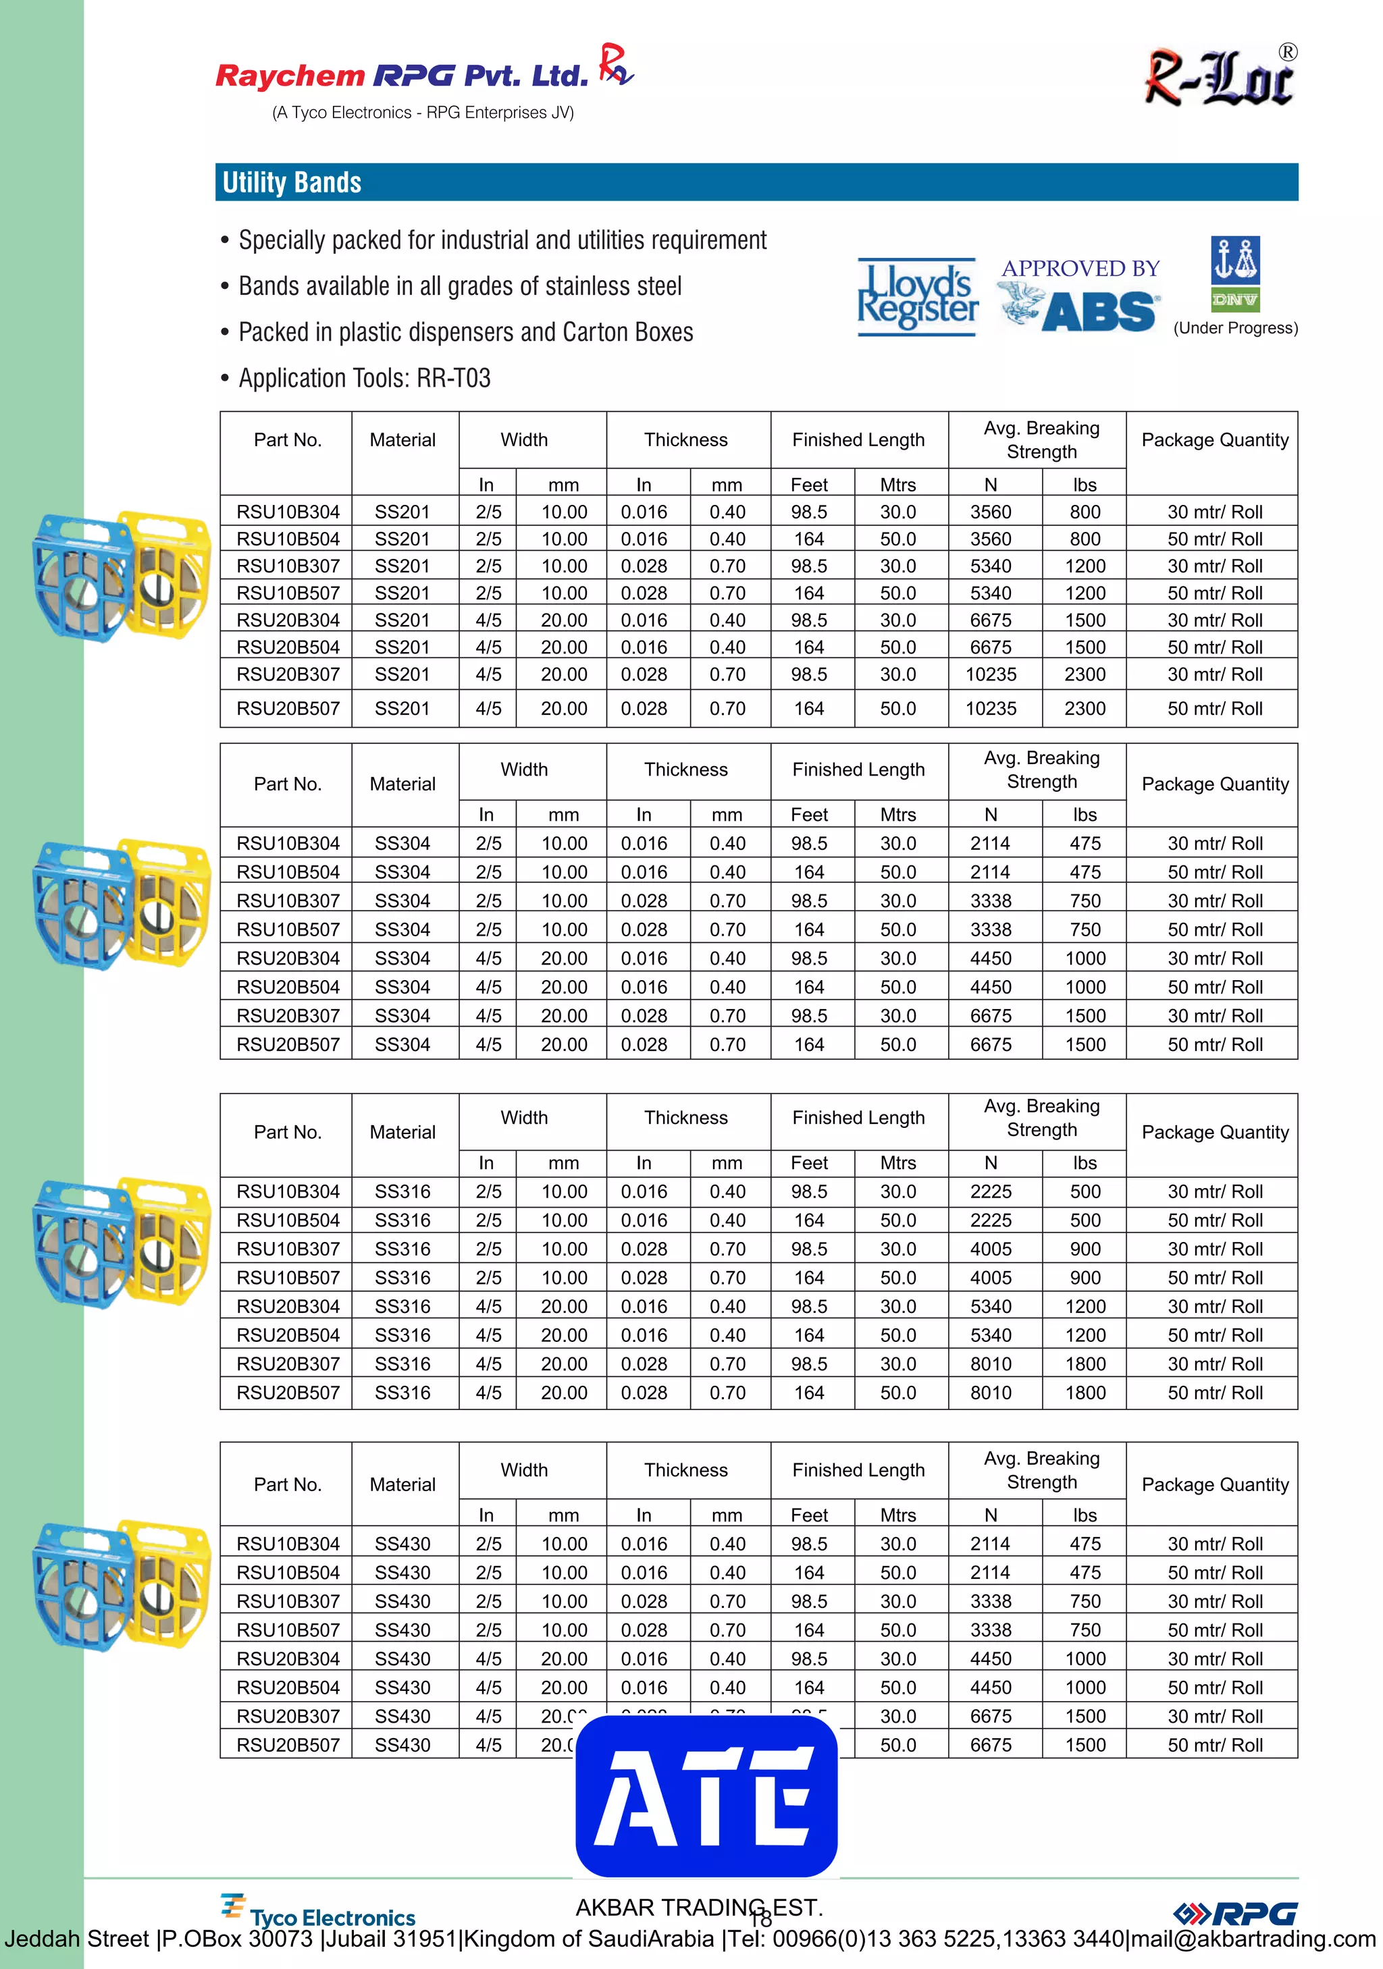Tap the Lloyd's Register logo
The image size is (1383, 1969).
pos(917,297)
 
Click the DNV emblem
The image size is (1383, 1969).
pos(1234,273)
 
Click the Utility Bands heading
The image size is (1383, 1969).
pos(292,183)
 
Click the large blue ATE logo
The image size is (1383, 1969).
pos(706,1796)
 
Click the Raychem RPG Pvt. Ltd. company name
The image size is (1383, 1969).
pos(402,76)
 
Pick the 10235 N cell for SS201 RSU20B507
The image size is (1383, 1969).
pos(991,708)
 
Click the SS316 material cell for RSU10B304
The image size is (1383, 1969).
pos(402,1191)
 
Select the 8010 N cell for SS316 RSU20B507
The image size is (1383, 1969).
pos(991,1393)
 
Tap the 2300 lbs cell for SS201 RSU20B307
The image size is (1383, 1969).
pos(1085,674)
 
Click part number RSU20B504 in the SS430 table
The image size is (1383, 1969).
pos(288,1687)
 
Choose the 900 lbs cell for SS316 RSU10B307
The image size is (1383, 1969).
pos(1085,1249)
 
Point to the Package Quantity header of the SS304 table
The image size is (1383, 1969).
pos(1215,784)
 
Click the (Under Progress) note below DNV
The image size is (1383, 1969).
pos(1234,329)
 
